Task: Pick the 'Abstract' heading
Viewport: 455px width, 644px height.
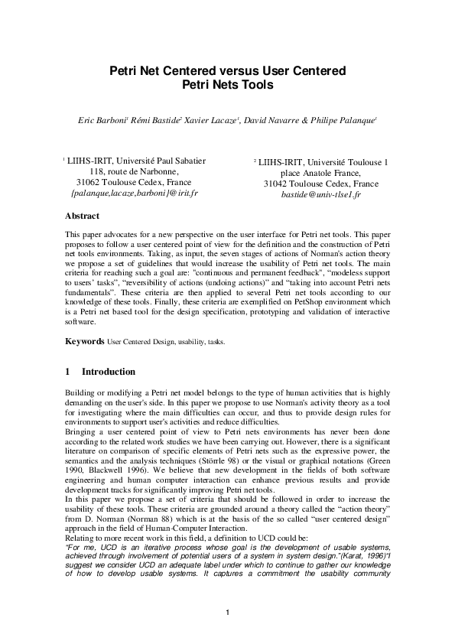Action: click(82, 216)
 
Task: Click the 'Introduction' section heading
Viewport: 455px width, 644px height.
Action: click(109, 372)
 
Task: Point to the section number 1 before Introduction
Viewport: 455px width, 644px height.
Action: click(68, 372)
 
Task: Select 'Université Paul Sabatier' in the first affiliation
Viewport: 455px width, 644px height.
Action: click(162, 161)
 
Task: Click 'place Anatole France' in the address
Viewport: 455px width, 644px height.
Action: click(320, 174)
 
